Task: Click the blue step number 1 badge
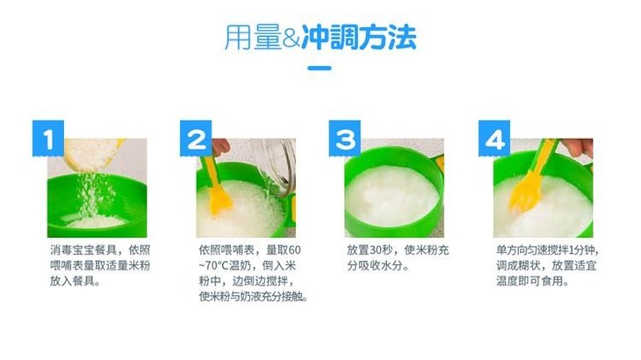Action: coord(48,139)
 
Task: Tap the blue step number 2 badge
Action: coord(196,139)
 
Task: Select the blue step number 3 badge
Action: coord(344,139)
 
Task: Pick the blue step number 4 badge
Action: coord(494,139)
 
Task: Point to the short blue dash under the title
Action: coord(320,68)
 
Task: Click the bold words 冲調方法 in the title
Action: coord(359,38)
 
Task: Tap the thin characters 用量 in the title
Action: coord(253,38)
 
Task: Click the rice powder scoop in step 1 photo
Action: coord(94,154)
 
